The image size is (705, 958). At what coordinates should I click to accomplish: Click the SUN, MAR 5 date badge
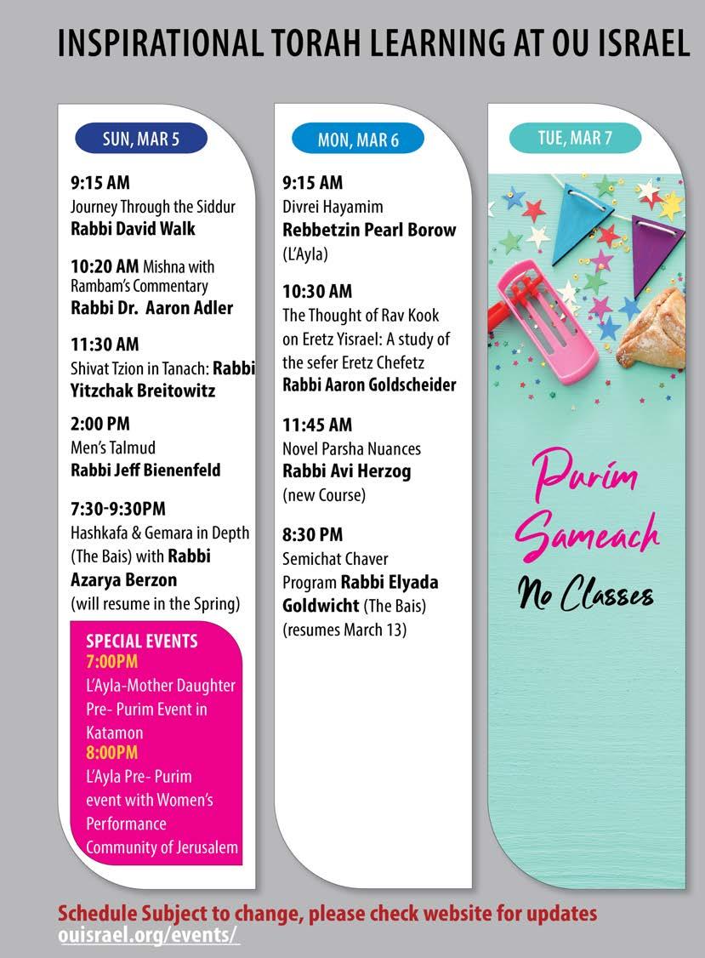point(141,140)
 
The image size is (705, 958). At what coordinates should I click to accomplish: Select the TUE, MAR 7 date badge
point(575,139)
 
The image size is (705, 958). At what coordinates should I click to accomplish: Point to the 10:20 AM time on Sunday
point(105,265)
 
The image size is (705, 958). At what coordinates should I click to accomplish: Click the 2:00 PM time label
point(100,423)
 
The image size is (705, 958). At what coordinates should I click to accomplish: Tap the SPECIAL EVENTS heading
point(141,641)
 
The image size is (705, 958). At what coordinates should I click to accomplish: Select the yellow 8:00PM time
point(111,752)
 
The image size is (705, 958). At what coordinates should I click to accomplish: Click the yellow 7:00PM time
point(111,661)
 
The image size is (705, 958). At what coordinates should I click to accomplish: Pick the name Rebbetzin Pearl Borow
point(369,230)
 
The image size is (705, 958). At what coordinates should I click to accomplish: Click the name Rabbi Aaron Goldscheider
point(369,385)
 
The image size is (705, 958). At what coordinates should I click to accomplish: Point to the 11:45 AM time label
point(317,425)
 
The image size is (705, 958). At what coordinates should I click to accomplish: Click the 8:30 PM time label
point(313,534)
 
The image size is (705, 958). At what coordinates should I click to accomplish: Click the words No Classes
point(586,592)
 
